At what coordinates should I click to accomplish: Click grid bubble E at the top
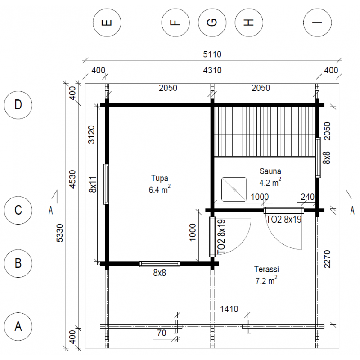click(107, 22)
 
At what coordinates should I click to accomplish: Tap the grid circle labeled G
click(212, 22)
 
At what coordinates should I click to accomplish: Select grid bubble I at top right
click(317, 22)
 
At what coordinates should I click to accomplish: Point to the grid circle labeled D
click(18, 105)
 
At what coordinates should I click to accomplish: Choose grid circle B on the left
click(18, 263)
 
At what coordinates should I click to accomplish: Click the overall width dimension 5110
click(212, 54)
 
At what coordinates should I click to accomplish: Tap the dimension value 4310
click(212, 70)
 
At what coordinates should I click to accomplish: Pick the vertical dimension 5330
click(59, 233)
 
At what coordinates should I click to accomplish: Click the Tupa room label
click(160, 178)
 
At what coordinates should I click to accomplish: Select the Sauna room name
click(270, 171)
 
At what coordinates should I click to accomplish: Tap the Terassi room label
click(266, 269)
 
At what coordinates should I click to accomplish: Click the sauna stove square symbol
click(234, 189)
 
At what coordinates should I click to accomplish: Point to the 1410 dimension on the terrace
click(229, 309)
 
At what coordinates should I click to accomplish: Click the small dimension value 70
click(162, 333)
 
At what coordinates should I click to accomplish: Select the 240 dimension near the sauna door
click(307, 197)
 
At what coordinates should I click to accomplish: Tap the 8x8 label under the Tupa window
click(160, 273)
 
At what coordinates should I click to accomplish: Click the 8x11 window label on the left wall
click(93, 184)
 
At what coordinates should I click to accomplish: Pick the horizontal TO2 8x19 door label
click(284, 220)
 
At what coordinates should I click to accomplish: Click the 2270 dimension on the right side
click(327, 259)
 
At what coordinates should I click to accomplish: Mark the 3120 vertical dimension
click(91, 135)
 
